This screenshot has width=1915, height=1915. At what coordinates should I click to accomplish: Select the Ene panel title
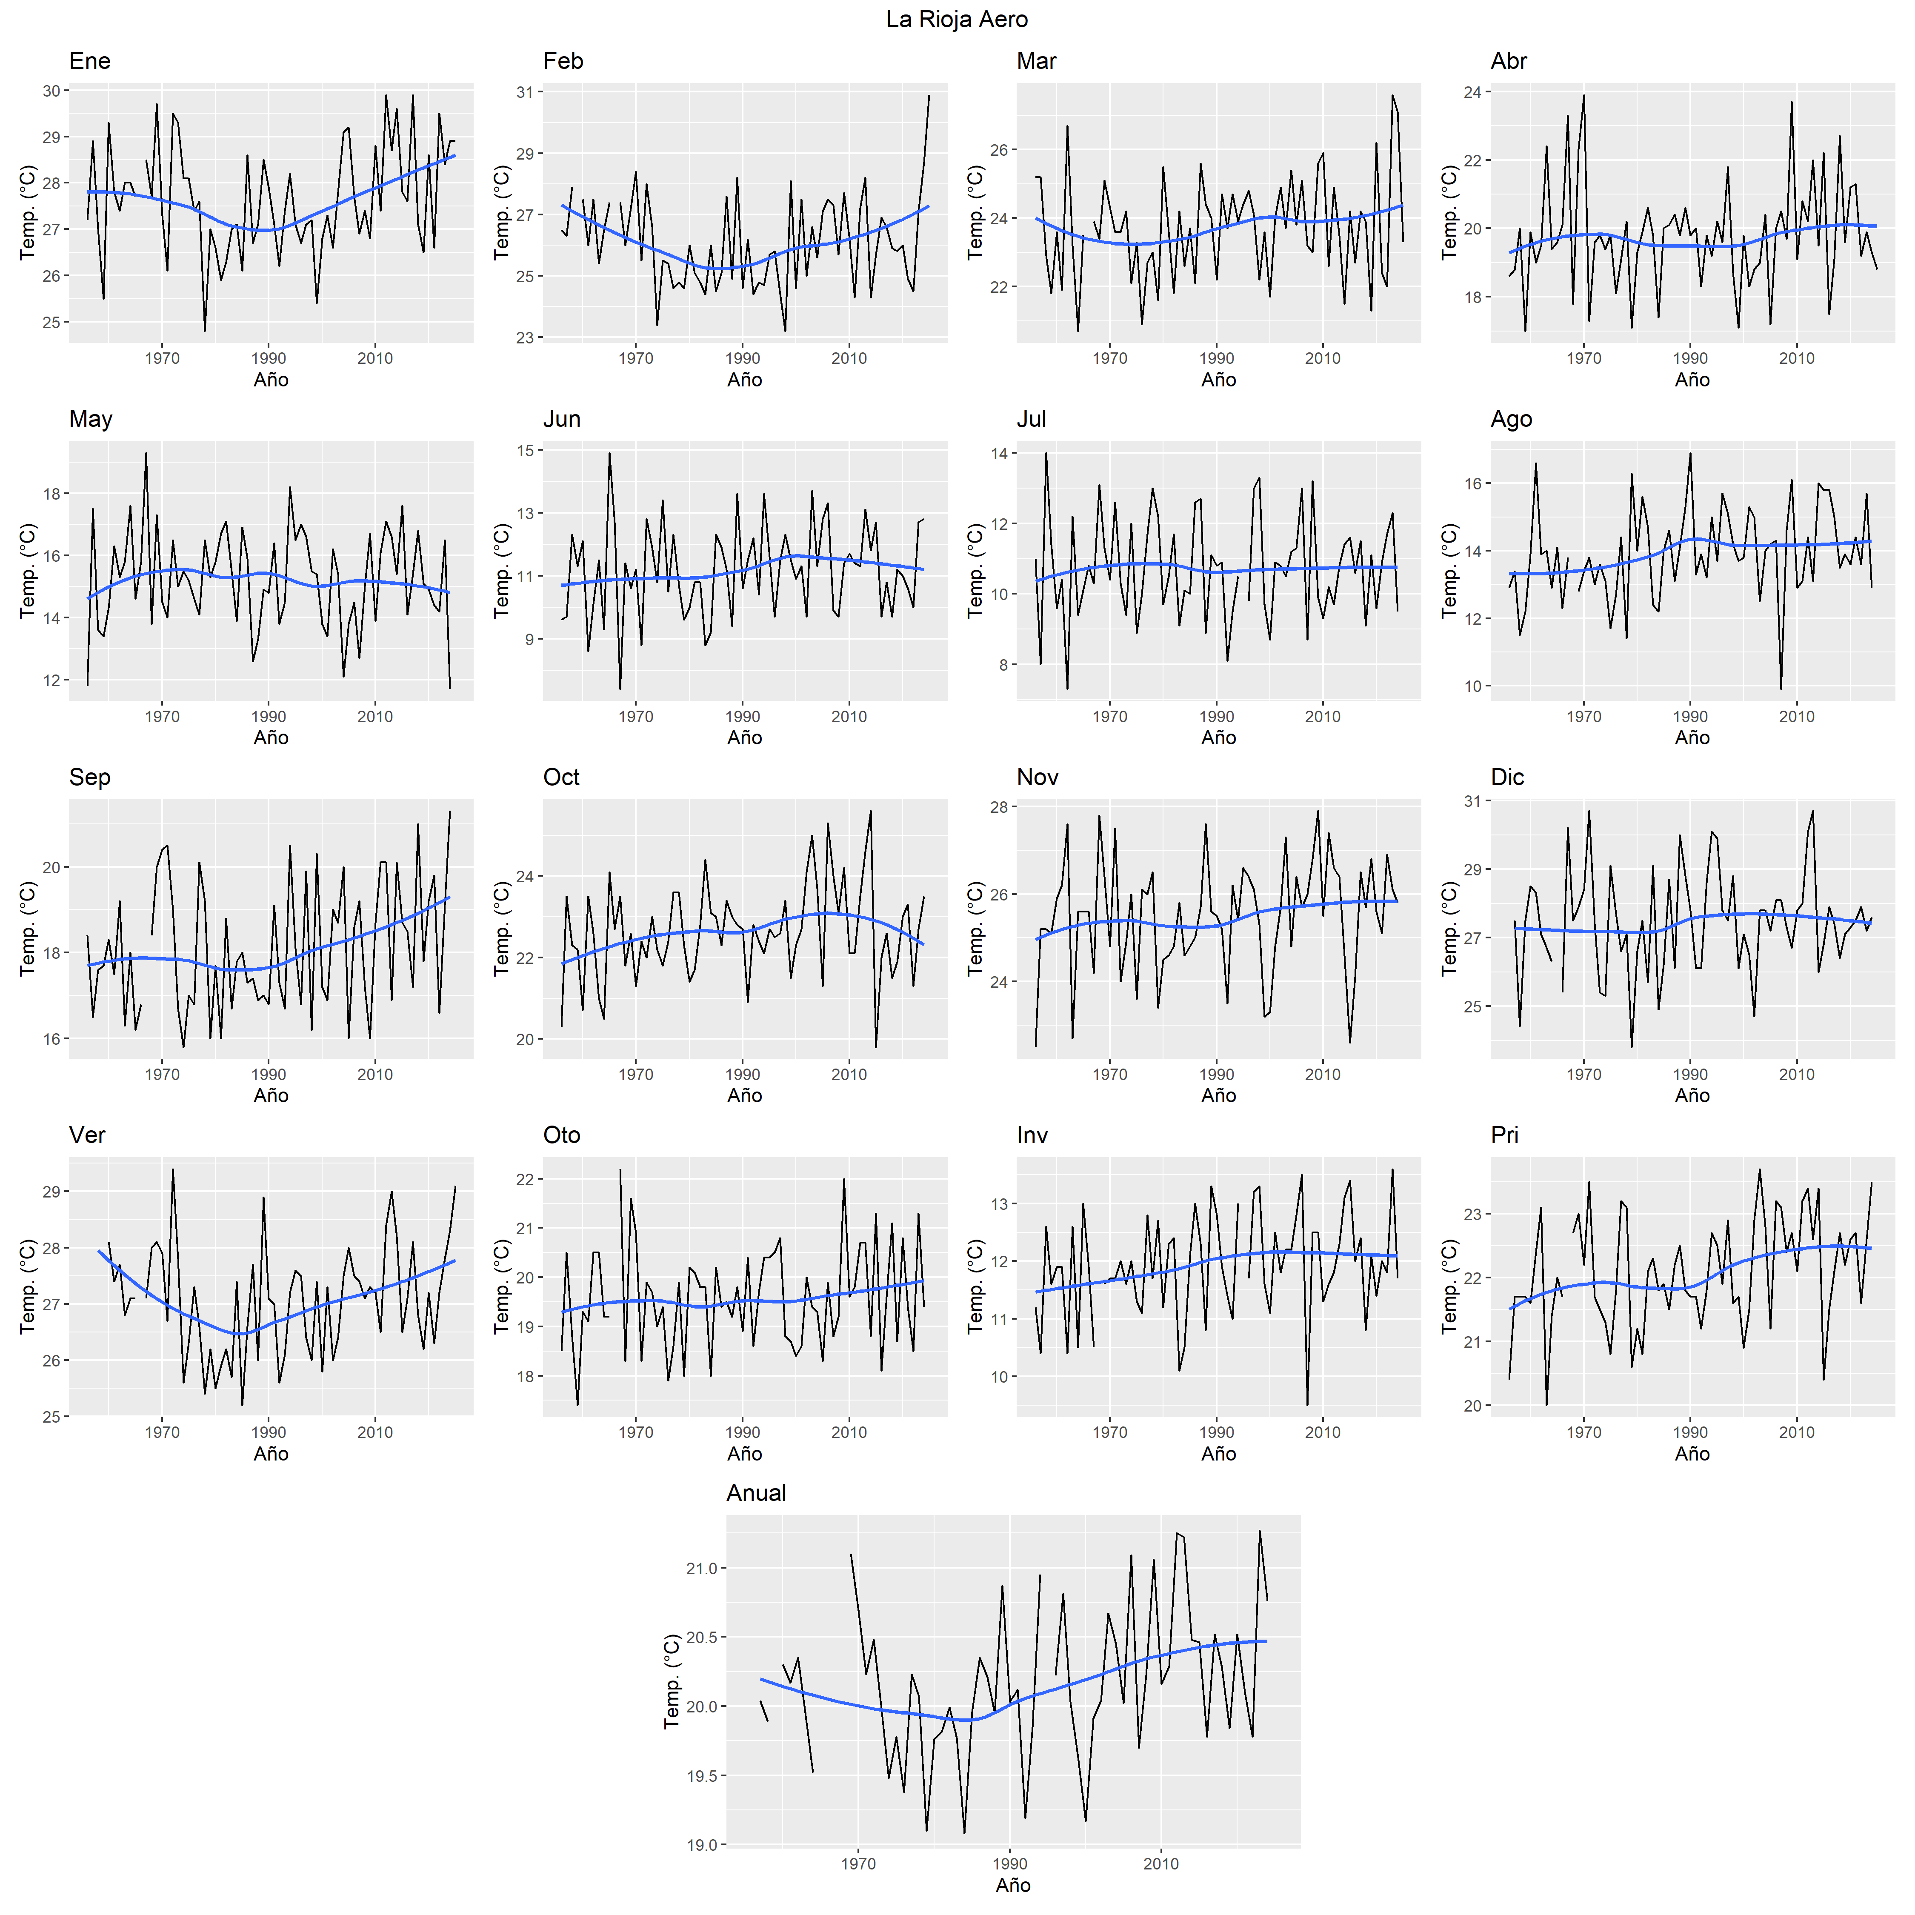point(89,61)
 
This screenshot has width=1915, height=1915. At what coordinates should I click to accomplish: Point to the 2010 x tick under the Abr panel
point(1796,359)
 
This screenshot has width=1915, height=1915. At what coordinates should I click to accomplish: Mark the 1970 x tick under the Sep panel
point(163,1075)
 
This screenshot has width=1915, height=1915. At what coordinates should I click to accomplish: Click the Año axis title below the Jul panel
point(1218,737)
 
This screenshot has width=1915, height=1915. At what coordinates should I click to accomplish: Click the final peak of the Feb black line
point(929,95)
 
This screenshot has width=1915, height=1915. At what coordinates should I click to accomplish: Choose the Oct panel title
point(561,777)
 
